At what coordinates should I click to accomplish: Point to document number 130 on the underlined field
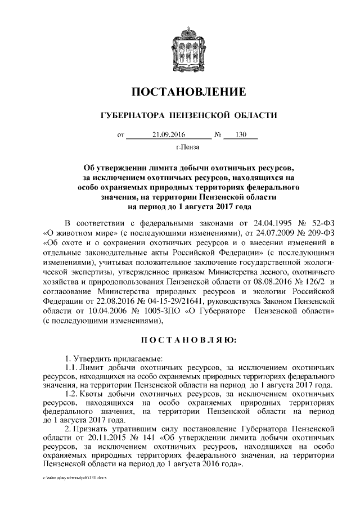[x=241, y=134]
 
